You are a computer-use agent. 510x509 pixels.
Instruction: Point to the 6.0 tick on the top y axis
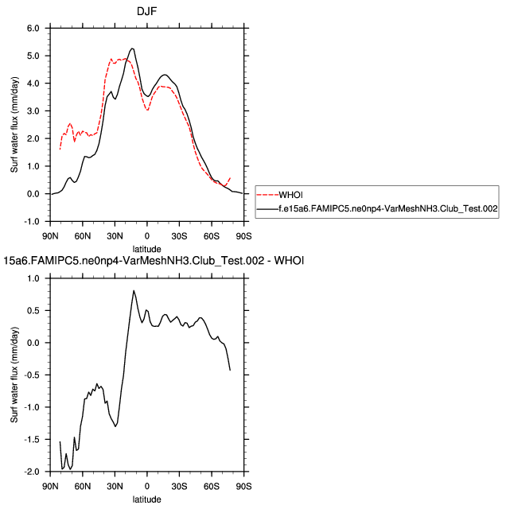tap(33, 28)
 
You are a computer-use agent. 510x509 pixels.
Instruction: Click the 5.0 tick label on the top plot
tap(33, 56)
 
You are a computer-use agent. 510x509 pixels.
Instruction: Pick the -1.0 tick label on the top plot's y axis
tap(31, 222)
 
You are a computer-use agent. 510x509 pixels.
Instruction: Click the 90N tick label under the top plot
tap(49, 237)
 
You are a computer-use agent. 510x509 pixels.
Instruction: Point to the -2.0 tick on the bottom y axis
tap(31, 472)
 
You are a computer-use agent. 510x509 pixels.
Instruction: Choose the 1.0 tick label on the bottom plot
tap(33, 278)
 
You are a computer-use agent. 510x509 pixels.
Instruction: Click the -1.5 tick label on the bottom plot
tap(31, 440)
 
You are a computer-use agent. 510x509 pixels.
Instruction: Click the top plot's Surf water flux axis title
tap(14, 125)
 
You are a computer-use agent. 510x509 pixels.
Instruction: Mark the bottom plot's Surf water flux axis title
tap(14, 375)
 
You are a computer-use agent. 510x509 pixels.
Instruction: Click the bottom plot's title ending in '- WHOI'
tap(155, 260)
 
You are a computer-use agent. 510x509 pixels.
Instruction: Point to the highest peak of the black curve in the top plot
tap(132, 49)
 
